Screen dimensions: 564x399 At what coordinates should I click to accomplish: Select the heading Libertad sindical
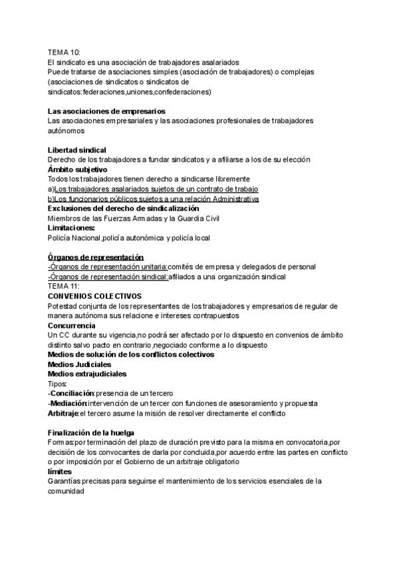(77, 150)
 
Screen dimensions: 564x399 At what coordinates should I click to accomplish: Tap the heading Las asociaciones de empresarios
(106, 111)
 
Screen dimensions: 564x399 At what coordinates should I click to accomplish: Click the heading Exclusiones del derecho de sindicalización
(123, 208)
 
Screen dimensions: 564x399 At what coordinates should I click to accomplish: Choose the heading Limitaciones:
(71, 227)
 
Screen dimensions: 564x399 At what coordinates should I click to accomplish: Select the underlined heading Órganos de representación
(96, 257)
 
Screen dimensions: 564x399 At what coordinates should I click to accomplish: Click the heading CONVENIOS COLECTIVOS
(94, 295)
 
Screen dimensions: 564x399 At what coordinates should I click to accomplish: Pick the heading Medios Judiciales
(80, 364)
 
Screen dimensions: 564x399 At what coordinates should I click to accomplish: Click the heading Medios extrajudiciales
(87, 374)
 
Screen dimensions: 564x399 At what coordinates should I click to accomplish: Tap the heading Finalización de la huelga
(91, 433)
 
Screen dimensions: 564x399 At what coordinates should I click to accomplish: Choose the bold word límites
(59, 472)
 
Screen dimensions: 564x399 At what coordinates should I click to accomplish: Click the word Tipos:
(58, 384)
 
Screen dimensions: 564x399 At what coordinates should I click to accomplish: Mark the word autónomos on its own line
(66, 131)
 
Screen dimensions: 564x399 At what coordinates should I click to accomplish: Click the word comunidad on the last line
(66, 492)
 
